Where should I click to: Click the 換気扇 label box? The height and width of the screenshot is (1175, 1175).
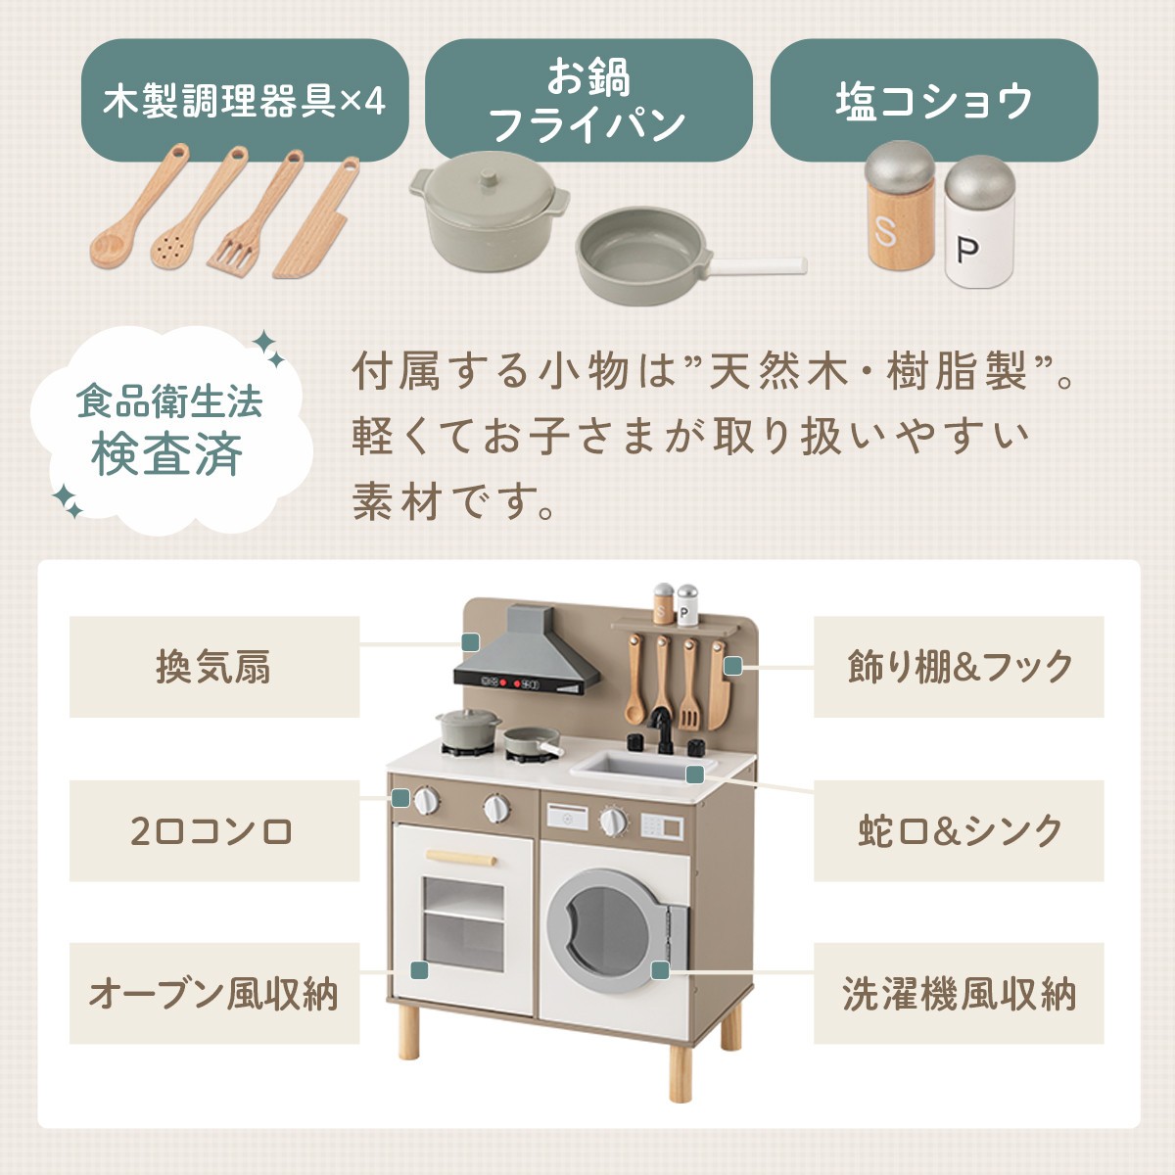tap(214, 667)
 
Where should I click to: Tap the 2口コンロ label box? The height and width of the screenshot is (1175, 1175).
tap(214, 830)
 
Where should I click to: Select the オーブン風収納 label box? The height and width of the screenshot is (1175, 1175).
tap(214, 994)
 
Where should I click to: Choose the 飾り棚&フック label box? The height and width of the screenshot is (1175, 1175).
tap(959, 667)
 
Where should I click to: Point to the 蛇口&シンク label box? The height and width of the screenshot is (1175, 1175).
tap(959, 830)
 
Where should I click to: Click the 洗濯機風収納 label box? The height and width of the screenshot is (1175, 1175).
tap(959, 994)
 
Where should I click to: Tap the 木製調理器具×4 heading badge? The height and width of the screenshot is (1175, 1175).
tap(245, 100)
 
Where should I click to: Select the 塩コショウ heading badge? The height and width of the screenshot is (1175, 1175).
tap(934, 100)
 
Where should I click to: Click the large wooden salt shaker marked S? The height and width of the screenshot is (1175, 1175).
tap(901, 205)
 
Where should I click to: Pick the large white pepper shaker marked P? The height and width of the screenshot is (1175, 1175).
tap(979, 221)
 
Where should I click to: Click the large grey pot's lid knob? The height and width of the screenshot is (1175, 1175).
tap(489, 178)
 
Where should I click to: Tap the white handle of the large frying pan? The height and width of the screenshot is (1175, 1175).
tap(758, 265)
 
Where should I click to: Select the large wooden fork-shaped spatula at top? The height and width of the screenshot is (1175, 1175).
tap(255, 212)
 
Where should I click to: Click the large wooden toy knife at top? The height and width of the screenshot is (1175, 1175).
tap(316, 218)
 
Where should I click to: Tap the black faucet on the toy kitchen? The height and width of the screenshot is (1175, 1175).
tap(661, 729)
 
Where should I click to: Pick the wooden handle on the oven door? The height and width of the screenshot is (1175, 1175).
tap(461, 857)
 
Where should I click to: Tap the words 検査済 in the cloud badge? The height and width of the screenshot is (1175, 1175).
tap(167, 455)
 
